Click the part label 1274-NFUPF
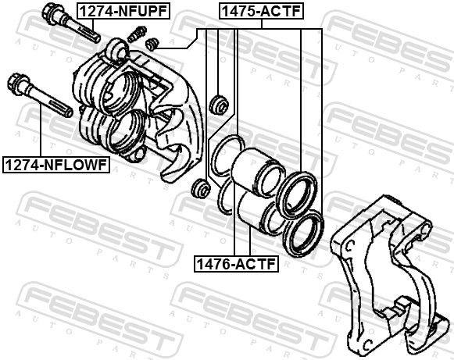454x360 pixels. [x=123, y=11]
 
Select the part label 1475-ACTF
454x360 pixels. [x=262, y=11]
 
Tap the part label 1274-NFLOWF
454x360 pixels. [x=56, y=165]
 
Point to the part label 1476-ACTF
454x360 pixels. [x=236, y=264]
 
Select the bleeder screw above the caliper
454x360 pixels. [x=137, y=34]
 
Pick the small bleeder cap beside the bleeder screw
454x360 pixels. [x=152, y=43]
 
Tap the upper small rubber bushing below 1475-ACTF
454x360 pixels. [x=219, y=104]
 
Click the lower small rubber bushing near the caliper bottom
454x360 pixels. [x=200, y=188]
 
